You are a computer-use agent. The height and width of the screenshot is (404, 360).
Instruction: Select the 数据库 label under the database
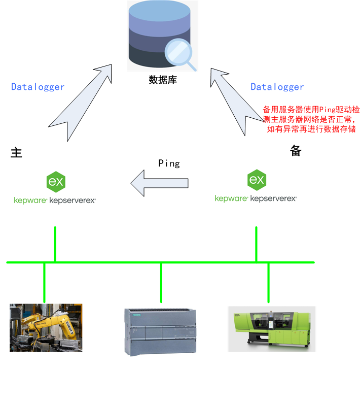(163, 80)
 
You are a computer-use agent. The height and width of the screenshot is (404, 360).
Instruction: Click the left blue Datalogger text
(38, 87)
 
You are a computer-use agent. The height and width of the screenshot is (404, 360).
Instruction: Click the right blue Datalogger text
(277, 87)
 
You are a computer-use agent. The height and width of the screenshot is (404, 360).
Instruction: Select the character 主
(17, 152)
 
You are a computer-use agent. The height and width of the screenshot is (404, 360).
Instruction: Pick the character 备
(296, 151)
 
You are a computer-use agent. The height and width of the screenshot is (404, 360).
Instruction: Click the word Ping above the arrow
(169, 163)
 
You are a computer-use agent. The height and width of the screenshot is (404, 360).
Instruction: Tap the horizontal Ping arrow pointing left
(159, 182)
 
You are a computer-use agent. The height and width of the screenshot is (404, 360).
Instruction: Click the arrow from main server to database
(81, 102)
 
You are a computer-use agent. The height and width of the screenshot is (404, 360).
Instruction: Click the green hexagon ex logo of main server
(55, 181)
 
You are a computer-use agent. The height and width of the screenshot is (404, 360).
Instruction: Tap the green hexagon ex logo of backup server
(257, 180)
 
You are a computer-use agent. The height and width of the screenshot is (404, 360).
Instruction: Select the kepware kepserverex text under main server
(55, 200)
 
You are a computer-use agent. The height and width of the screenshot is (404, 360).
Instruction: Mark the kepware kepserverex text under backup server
(256, 198)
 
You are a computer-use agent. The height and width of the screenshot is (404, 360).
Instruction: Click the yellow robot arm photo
(46, 327)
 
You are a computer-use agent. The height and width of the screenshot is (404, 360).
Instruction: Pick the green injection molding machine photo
(271, 328)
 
